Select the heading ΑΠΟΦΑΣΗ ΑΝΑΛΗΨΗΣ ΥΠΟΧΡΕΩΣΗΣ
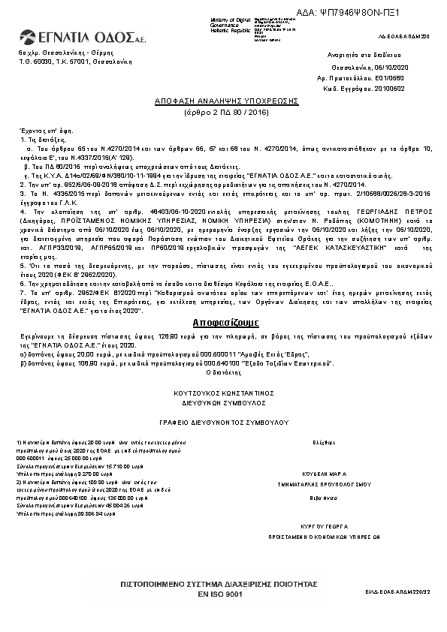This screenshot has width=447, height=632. pyautogui.click(x=226, y=100)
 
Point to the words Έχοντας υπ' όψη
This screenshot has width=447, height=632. pyautogui.click(x=37, y=130)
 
